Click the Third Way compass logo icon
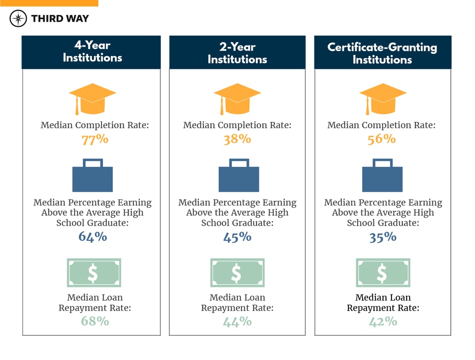click(18, 19)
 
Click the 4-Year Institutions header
click(92, 51)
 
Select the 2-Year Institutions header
click(237, 53)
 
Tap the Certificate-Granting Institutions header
click(382, 53)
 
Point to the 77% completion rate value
click(95, 139)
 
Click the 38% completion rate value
click(237, 139)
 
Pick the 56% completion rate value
click(381, 139)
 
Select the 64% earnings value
click(93, 237)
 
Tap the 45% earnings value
click(237, 237)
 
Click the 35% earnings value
click(382, 237)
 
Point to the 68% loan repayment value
click(95, 321)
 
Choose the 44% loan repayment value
click(237, 321)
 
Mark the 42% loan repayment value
click(382, 321)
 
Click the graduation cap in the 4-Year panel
click(93, 98)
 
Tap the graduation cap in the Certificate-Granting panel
click(382, 98)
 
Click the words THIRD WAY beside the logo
click(60, 19)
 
